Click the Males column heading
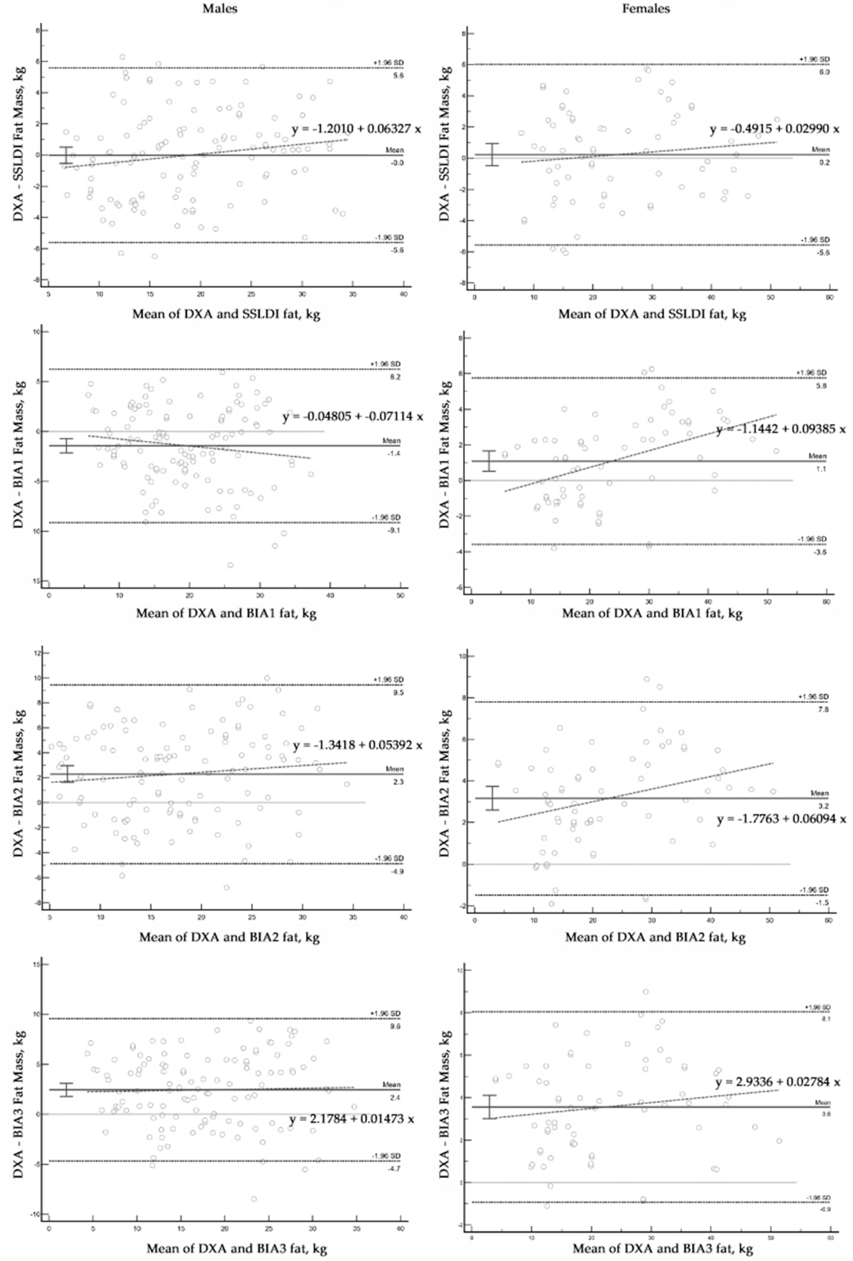[x=220, y=9]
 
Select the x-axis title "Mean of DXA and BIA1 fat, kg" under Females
[x=652, y=614]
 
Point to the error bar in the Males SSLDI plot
[x=66, y=155]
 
